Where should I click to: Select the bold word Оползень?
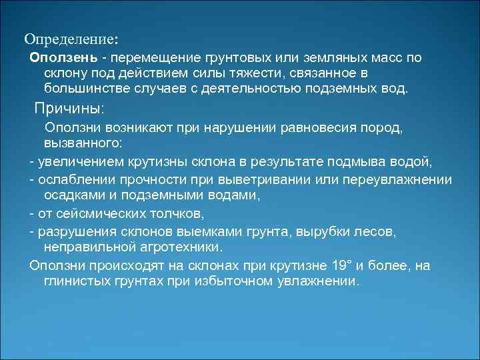(x=64, y=58)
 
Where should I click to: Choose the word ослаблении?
(x=75, y=181)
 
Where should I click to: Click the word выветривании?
(x=266, y=181)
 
